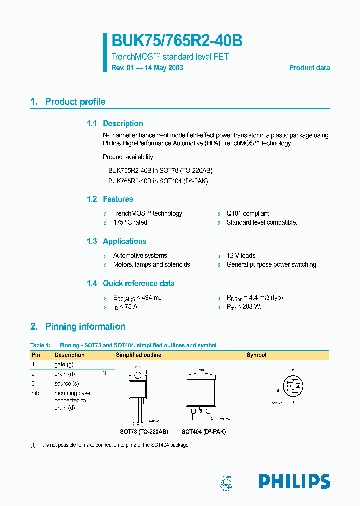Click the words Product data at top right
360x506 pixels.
(x=309, y=68)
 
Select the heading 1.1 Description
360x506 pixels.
(x=115, y=124)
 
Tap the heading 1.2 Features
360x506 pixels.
(x=110, y=199)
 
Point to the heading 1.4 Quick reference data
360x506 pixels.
(x=131, y=283)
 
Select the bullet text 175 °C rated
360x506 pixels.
(x=130, y=222)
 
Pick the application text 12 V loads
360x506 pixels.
(x=241, y=255)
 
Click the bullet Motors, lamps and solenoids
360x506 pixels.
(x=151, y=264)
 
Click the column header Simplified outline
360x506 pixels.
(x=138, y=355)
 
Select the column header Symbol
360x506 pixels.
(x=256, y=355)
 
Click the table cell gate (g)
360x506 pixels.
(x=64, y=365)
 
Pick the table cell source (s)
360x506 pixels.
(x=66, y=383)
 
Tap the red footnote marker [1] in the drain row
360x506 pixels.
(x=104, y=373)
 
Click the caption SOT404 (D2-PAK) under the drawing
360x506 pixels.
(x=203, y=432)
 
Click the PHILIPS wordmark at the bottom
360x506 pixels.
(x=294, y=481)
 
